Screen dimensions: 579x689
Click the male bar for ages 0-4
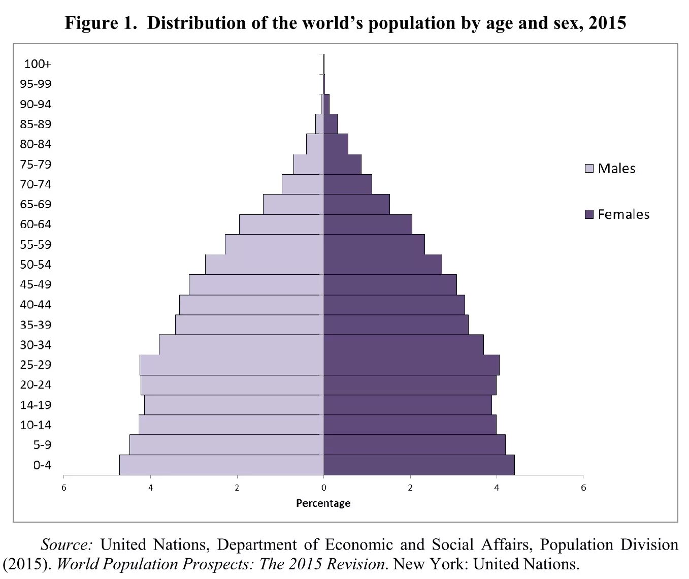pyautogui.click(x=221, y=465)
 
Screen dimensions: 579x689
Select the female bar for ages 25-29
pyautogui.click(x=411, y=365)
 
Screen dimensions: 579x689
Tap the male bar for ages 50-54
pyautogui.click(x=264, y=264)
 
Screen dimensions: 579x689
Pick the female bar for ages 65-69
pyautogui.click(x=356, y=204)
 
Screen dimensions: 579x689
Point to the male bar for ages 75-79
pyautogui.click(x=308, y=164)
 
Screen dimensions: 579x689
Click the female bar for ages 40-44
pyautogui.click(x=394, y=305)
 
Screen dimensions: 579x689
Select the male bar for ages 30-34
pyautogui.click(x=241, y=345)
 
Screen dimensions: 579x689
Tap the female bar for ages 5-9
pyautogui.click(x=414, y=444)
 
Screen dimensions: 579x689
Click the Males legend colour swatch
pyautogui.click(x=589, y=168)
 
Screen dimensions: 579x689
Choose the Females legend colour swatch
pyautogui.click(x=589, y=214)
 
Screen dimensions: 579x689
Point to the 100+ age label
pyautogui.click(x=38, y=64)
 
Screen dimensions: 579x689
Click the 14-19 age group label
pyautogui.click(x=36, y=405)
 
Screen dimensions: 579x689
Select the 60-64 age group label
pyautogui.click(x=36, y=224)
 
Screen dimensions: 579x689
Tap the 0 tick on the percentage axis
pyautogui.click(x=323, y=488)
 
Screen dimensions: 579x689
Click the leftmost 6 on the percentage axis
pyautogui.click(x=64, y=488)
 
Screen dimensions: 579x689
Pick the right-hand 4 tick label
pyautogui.click(x=497, y=488)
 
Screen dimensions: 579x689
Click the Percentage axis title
pyautogui.click(x=323, y=503)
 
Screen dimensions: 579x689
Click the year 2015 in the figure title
pyautogui.click(x=607, y=23)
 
